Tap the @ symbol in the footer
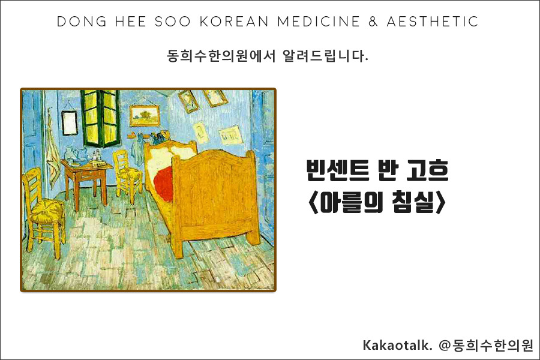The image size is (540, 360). coord(445,346)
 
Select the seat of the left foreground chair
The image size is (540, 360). coord(47,211)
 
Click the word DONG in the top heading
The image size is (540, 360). coord(77,22)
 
